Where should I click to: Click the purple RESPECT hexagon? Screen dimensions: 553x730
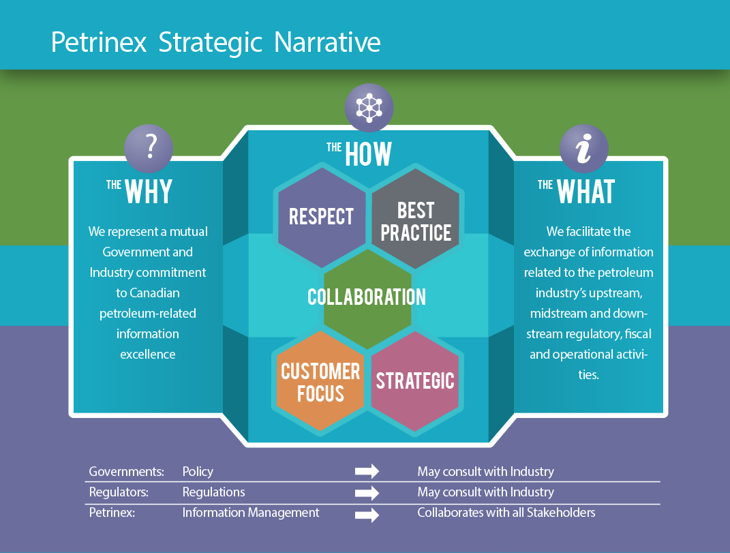322,217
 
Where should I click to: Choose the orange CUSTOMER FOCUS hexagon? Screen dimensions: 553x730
320,381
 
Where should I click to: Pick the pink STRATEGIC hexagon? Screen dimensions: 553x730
415,380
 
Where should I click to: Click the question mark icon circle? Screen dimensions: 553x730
149,148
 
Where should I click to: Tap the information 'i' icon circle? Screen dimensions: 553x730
584,149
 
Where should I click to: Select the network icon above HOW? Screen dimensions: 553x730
369,107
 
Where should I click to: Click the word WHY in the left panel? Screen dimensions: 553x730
149,192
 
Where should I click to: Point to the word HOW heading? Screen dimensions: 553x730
369,154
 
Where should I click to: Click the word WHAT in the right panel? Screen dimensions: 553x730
586,192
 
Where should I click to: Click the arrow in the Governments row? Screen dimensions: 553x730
367,472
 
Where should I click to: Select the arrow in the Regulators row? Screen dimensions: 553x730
367,492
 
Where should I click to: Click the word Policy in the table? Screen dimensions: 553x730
198,472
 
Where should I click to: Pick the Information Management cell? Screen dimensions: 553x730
250,513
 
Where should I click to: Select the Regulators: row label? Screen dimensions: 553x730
118,492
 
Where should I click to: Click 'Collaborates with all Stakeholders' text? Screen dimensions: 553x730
506,513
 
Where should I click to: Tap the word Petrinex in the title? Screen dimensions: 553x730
100,42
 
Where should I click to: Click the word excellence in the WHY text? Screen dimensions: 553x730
148,355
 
